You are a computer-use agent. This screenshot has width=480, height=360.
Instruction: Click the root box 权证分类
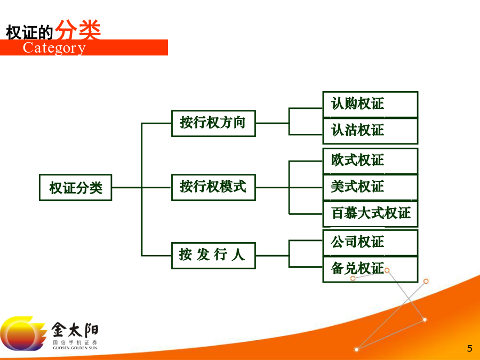point(76,188)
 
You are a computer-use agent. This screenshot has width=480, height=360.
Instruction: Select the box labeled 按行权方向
point(213,123)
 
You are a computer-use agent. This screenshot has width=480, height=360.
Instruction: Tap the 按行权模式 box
point(213,188)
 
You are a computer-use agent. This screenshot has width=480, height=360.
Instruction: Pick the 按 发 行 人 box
point(213,255)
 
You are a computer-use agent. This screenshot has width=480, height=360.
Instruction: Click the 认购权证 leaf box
point(371,104)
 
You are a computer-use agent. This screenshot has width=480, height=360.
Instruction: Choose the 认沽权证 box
point(371,131)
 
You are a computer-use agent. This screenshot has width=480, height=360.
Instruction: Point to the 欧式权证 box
point(371,161)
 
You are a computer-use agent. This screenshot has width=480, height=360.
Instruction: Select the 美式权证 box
point(371,187)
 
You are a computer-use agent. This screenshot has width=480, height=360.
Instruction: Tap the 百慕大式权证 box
point(371,214)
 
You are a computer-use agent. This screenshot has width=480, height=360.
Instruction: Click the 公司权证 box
point(371,243)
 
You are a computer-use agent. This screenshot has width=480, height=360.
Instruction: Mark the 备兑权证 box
point(371,269)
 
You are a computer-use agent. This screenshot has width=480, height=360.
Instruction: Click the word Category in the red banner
point(54,48)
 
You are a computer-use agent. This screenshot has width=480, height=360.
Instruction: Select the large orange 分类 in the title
point(78,30)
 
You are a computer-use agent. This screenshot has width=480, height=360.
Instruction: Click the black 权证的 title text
point(30,32)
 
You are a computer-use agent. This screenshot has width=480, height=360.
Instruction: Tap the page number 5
point(469,348)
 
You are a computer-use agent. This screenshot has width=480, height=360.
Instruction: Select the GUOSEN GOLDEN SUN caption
point(75,348)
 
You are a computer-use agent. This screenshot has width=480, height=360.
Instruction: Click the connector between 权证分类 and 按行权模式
point(142,187)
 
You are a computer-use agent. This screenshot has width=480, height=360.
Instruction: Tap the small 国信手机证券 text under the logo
point(75,342)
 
